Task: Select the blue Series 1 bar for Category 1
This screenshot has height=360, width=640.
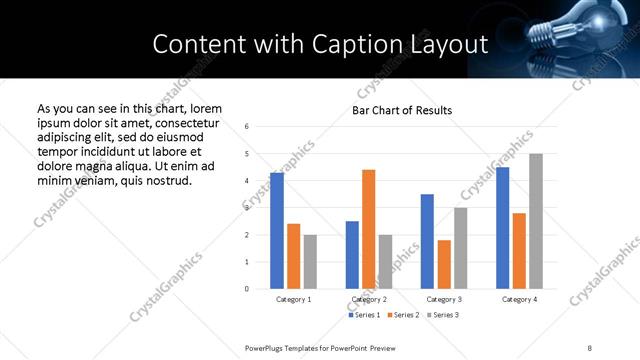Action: pos(277,230)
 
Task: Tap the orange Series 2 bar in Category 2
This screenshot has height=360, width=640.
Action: pos(368,229)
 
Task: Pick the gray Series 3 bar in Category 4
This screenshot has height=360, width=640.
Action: pos(536,221)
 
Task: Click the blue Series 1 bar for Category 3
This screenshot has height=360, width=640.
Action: pos(427,241)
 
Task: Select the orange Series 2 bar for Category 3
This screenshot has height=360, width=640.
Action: pos(444,264)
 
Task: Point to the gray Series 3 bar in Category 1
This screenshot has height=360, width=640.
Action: pos(310,261)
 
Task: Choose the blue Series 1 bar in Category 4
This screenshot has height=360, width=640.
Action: pos(502,228)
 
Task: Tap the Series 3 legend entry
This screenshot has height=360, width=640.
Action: pos(443,315)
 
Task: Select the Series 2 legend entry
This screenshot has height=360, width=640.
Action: pos(404,315)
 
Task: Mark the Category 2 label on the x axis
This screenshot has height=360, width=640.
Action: pos(368,299)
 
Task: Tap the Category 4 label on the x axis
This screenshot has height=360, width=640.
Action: pos(519,299)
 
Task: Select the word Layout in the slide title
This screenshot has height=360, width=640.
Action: pos(455,44)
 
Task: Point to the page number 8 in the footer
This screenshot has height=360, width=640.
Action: pos(589,347)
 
